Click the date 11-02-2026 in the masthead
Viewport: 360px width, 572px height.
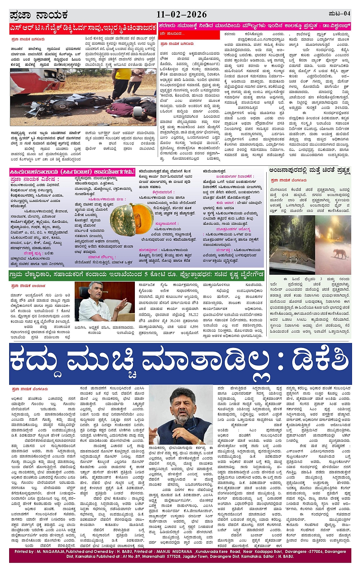click(x=181, y=14)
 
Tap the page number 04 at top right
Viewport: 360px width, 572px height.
click(x=346, y=14)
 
